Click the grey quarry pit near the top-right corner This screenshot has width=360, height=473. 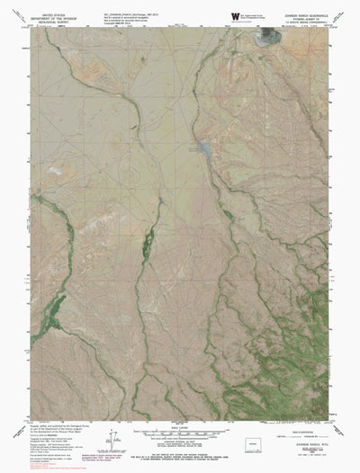pyautogui.click(x=267, y=37)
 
